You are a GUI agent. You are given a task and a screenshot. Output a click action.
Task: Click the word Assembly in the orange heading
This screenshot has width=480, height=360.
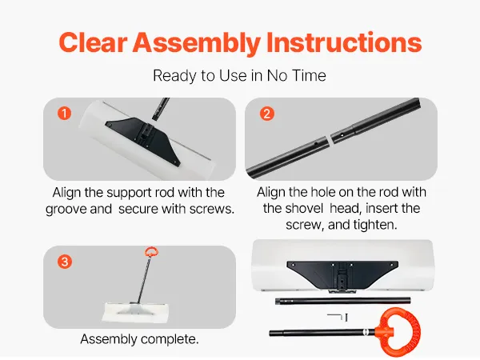click(x=197, y=43)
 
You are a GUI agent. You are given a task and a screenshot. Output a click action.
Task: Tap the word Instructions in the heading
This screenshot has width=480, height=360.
click(x=344, y=42)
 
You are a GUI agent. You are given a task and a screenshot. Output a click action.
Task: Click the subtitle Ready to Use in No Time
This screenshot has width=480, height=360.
click(x=239, y=76)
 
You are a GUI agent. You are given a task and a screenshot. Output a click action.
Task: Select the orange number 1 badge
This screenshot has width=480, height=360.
click(x=64, y=114)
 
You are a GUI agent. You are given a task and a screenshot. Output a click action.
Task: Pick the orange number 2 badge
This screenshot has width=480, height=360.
click(x=267, y=114)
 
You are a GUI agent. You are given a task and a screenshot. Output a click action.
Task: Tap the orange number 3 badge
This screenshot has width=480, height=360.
click(x=65, y=262)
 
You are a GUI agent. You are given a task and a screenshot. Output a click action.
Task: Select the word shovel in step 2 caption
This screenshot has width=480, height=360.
click(x=293, y=209)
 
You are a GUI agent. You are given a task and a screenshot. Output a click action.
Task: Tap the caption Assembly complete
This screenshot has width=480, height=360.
click(x=139, y=339)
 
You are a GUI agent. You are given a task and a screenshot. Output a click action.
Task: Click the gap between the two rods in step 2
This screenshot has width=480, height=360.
click(x=330, y=139)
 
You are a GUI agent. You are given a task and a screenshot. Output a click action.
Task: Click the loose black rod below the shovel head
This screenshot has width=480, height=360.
click(x=343, y=300)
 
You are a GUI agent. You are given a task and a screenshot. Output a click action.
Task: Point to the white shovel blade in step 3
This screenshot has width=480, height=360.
click(x=136, y=313)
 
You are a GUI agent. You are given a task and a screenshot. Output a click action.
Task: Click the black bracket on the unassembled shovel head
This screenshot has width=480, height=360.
click(x=342, y=274)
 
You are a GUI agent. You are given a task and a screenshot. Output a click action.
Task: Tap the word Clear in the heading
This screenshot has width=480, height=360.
click(x=93, y=42)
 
